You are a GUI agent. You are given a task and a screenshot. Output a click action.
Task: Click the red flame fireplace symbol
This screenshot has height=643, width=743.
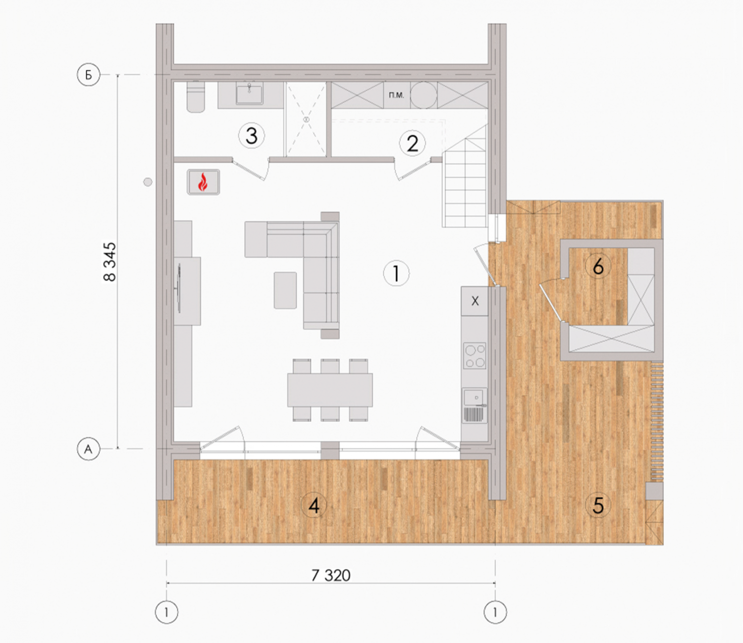203,182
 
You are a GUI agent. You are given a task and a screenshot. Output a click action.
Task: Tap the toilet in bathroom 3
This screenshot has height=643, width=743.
196,97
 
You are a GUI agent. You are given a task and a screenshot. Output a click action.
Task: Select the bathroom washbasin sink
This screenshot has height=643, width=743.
249,94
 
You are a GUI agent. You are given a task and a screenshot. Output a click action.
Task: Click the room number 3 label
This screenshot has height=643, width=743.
252,136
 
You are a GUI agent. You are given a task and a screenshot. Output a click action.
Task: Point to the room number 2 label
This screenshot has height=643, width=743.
412,143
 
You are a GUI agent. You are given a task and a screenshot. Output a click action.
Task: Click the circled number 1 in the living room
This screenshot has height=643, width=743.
396,273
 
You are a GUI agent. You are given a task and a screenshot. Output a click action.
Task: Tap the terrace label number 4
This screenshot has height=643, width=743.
314,506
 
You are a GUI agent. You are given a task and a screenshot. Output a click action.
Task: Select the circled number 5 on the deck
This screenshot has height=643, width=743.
598,505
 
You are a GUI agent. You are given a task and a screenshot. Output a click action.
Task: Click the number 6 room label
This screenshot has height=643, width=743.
598,266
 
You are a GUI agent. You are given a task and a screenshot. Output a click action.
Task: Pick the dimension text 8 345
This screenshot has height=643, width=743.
109,261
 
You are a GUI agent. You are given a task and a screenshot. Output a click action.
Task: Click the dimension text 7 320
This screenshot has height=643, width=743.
331,576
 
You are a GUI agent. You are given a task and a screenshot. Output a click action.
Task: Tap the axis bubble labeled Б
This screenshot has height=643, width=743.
89,75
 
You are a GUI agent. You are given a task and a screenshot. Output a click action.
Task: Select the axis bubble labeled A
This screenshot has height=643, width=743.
89,449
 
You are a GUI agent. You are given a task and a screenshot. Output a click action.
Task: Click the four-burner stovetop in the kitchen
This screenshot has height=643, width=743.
475,355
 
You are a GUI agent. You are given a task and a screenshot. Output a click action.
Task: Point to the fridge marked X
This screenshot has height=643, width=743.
475,301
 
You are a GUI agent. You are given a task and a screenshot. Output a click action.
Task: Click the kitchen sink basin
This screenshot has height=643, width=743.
474,397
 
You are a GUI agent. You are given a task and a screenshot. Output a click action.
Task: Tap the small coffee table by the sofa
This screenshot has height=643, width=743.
285,290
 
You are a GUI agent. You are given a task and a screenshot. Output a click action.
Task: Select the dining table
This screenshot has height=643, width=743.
330,390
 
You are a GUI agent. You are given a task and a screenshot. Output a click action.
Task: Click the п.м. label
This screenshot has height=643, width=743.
396,95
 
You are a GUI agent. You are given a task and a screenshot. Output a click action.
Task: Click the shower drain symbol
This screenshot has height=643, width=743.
307,119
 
